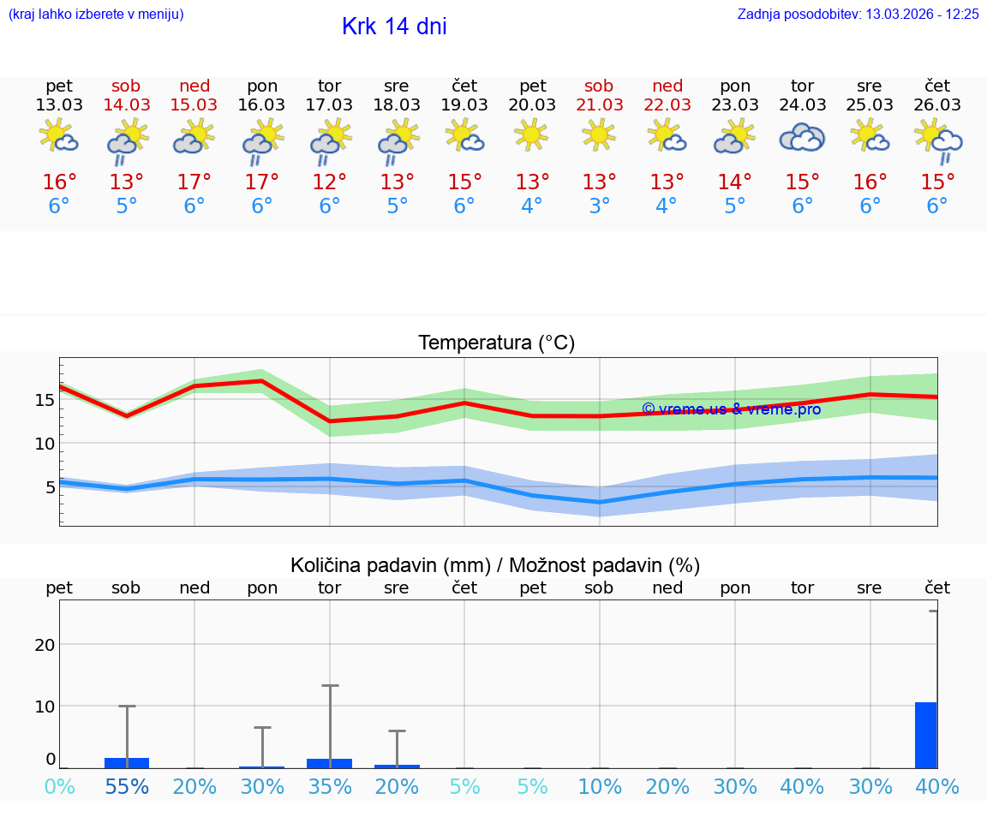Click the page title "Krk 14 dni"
pyautogui.click(x=394, y=27)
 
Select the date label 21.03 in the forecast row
pyautogui.click(x=599, y=104)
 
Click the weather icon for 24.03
pyautogui.click(x=802, y=137)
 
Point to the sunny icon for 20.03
pyautogui.click(x=531, y=134)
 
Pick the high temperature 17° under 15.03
pyautogui.click(x=194, y=182)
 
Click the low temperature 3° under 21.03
pyautogui.click(x=599, y=206)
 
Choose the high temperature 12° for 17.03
pyautogui.click(x=330, y=182)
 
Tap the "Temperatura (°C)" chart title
pyautogui.click(x=496, y=343)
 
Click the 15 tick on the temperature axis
pyautogui.click(x=45, y=399)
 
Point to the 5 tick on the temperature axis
pyautogui.click(x=50, y=487)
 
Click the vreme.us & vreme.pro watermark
pyautogui.click(x=731, y=409)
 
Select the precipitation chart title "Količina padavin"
pyautogui.click(x=390, y=565)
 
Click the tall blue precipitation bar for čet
pyautogui.click(x=925, y=735)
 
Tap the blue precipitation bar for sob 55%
pyautogui.click(x=127, y=763)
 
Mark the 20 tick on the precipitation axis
pyautogui.click(x=45, y=644)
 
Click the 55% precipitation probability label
pyautogui.click(x=127, y=786)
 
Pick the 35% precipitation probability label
pyautogui.click(x=330, y=786)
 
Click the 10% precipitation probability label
pyautogui.click(x=599, y=786)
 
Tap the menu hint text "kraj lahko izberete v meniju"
pyautogui.click(x=96, y=14)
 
